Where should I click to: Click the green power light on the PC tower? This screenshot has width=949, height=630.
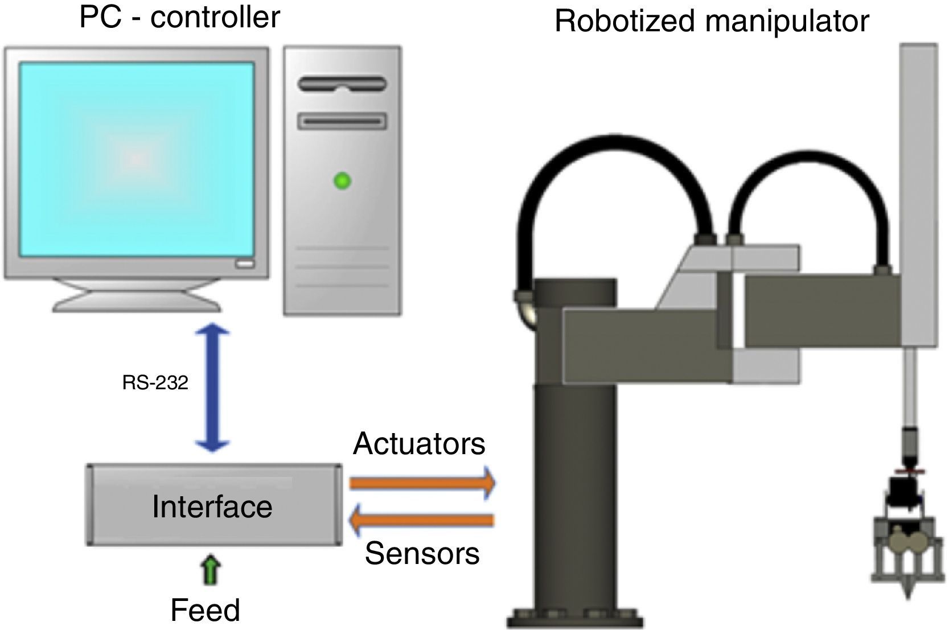point(342,182)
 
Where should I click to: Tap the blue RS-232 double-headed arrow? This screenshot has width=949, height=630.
point(212,388)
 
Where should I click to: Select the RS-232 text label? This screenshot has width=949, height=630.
point(155,383)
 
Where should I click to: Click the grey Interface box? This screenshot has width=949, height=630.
point(214,505)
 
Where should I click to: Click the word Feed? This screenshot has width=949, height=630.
point(205,610)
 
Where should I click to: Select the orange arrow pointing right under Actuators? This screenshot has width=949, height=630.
point(422,483)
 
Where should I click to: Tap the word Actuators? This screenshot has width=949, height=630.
point(419,444)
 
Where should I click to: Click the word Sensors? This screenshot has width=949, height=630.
point(422,553)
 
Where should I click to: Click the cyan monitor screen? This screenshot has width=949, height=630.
point(137,159)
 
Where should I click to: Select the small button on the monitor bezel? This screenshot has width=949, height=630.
point(245,264)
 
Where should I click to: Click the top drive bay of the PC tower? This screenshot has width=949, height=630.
point(342,85)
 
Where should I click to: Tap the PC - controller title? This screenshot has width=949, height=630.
point(180,17)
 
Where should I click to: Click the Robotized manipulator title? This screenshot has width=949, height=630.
point(712,21)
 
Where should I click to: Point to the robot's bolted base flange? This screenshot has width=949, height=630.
point(576,617)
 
